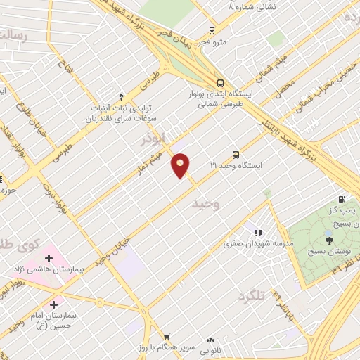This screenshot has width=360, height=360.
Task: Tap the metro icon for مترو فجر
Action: coord(211,30)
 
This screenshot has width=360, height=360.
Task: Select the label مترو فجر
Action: coord(212,42)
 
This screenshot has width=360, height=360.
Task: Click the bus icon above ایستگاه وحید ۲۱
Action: coord(236,154)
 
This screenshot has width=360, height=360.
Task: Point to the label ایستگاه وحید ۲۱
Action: coord(236,166)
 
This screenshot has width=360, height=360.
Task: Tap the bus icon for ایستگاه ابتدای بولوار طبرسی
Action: coord(221,81)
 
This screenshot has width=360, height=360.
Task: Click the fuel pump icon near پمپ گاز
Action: coord(342,199)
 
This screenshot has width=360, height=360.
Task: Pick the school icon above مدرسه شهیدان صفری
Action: coord(258,232)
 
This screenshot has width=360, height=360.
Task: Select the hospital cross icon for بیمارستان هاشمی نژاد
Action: coord(49,258)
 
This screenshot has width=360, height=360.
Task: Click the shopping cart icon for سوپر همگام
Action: coord(167,337)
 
